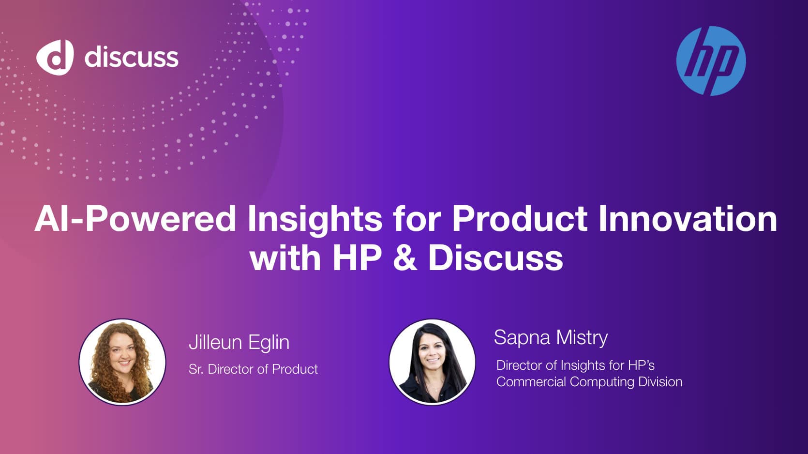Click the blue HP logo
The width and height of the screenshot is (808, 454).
click(711, 61)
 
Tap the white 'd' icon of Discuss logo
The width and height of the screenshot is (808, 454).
click(55, 57)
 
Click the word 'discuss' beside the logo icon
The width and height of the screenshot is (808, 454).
click(131, 57)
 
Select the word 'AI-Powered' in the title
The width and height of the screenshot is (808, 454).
click(135, 219)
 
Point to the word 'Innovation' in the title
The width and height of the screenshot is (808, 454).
click(688, 219)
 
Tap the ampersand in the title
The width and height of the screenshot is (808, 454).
click(405, 257)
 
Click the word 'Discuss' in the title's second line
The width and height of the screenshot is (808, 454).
click(495, 257)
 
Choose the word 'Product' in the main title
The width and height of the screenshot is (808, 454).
click(520, 219)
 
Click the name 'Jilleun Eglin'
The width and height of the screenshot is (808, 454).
click(239, 343)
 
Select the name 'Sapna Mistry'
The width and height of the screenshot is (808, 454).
click(551, 337)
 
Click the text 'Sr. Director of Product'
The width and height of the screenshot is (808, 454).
click(253, 369)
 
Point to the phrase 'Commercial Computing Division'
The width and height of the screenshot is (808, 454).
click(589, 382)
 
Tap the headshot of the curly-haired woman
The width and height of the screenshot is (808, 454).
click(122, 362)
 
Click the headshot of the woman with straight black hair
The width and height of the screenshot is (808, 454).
click(432, 362)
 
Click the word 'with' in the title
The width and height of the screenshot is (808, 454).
click(285, 257)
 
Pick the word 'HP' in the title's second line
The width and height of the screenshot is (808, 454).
click(357, 257)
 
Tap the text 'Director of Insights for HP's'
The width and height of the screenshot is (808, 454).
click(575, 365)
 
